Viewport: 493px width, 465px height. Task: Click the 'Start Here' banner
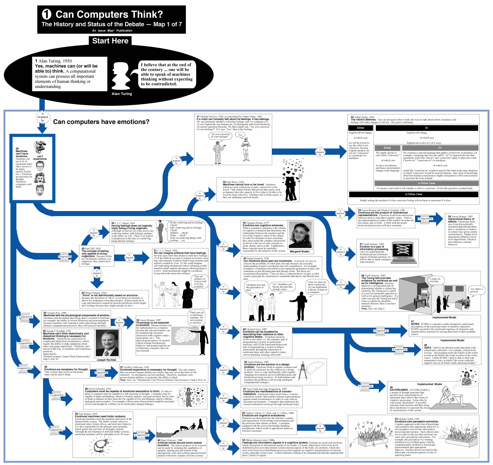coord(110,41)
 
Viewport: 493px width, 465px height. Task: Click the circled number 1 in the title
coord(47,14)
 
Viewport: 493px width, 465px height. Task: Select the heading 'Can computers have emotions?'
coord(101,122)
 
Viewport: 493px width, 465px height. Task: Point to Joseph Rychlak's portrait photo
coord(107,343)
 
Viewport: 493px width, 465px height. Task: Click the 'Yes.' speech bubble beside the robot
coord(240,135)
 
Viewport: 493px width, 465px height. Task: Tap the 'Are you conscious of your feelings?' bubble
coord(220,136)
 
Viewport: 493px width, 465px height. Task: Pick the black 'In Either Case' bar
coord(413,194)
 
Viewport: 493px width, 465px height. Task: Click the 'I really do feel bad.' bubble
coord(435,280)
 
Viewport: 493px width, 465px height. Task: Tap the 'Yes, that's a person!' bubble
coord(476,290)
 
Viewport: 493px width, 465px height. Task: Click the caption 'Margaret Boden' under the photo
coord(299,252)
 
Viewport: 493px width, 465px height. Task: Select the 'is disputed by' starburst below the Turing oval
coord(43,117)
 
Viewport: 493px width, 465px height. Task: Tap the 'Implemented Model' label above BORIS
coord(444,318)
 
